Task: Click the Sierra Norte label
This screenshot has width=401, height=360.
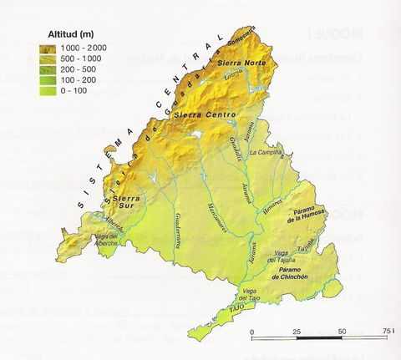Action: [236, 63]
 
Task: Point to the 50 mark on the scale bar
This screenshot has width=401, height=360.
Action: [342, 332]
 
